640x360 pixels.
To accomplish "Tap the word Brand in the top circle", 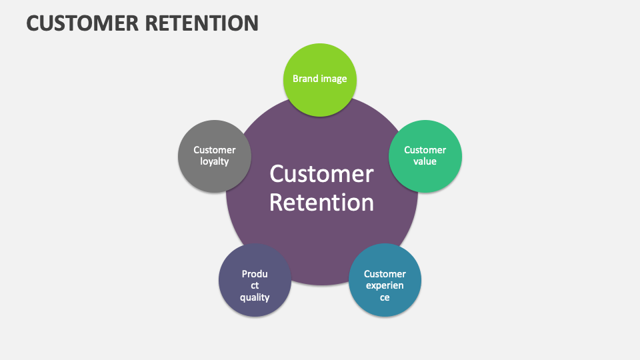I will pyautogui.click(x=305, y=79).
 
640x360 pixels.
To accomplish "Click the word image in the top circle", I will pyautogui.click(x=333, y=79).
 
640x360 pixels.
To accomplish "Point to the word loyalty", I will pyautogui.click(x=214, y=161).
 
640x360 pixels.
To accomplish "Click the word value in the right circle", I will pyautogui.click(x=425, y=161).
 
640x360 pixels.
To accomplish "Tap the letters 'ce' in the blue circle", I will pyautogui.click(x=385, y=297).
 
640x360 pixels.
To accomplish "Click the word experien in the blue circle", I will pyautogui.click(x=385, y=285).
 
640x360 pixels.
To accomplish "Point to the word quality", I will pyautogui.click(x=255, y=297).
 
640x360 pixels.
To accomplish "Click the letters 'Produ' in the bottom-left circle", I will pyautogui.click(x=255, y=274).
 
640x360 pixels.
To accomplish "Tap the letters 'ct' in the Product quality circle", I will pyautogui.click(x=255, y=285).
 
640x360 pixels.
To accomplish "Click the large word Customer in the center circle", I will pyautogui.click(x=321, y=174).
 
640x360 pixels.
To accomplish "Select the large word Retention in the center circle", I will pyautogui.click(x=321, y=202).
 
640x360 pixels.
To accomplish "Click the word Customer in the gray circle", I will pyautogui.click(x=214, y=150).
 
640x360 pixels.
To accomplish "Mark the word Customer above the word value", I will pyautogui.click(x=425, y=150).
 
